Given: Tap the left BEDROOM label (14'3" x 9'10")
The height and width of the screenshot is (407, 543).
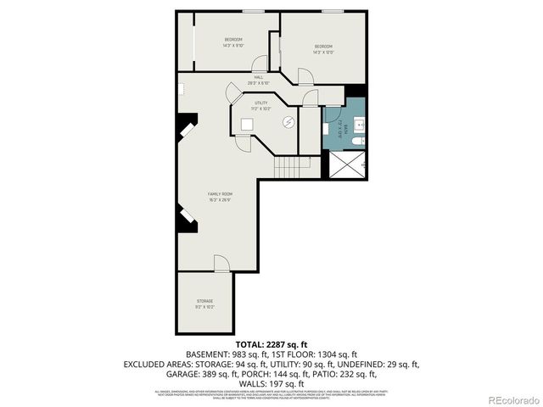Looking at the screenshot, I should coord(233,42).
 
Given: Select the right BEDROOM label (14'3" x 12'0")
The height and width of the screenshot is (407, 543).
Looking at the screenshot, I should coord(323,49).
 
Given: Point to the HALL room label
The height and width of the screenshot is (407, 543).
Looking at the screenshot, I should coord(258,80).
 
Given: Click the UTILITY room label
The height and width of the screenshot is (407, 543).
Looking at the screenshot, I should coord(260,105).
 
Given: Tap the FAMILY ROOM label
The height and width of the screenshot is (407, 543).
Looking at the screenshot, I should coord(221,196).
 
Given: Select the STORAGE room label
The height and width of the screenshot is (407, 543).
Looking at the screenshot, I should coord(204,303).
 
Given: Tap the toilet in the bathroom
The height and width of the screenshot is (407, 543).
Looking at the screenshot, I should coord(360,140).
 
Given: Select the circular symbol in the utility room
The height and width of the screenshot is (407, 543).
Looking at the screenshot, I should coord(288,122).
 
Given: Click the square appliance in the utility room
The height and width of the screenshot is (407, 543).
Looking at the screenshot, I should coord(247,124).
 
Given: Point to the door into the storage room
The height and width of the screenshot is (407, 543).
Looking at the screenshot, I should coord(221,264).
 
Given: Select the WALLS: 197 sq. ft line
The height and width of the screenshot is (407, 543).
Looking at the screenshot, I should coord(271,382).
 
